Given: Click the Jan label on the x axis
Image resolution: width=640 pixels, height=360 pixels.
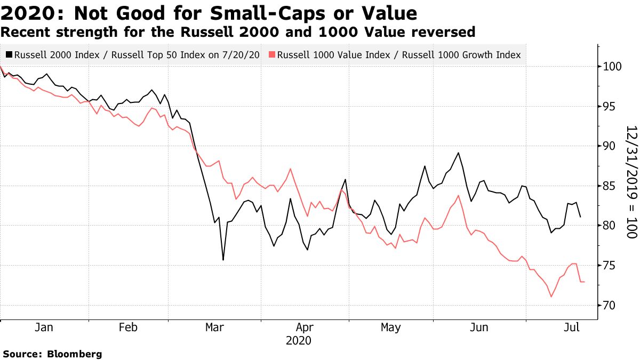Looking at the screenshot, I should [x=44, y=327].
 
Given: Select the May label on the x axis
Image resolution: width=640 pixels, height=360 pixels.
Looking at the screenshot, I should [x=391, y=327].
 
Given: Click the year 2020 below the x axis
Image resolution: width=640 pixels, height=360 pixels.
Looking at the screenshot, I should [x=298, y=340].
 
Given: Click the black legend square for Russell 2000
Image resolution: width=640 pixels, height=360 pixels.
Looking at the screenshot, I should [x=9, y=55].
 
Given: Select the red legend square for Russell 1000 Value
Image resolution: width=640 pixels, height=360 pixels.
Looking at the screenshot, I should [x=272, y=55].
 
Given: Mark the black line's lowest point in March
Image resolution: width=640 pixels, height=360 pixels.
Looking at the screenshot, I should [x=223, y=260].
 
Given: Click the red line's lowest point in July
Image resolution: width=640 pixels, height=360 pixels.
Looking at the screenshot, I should [x=551, y=297].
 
